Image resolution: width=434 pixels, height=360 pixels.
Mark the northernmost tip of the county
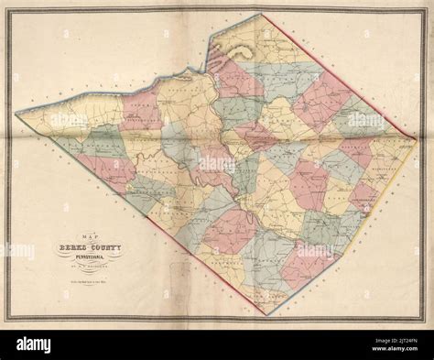point(260,14)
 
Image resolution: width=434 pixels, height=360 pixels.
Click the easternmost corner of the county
point(418,139)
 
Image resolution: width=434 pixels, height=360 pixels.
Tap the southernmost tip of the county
point(266,314)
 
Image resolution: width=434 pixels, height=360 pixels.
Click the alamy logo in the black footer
point(217,343)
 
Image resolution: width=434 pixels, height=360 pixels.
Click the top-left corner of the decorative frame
point(8,8)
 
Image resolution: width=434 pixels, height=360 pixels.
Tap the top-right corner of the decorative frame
point(426,8)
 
